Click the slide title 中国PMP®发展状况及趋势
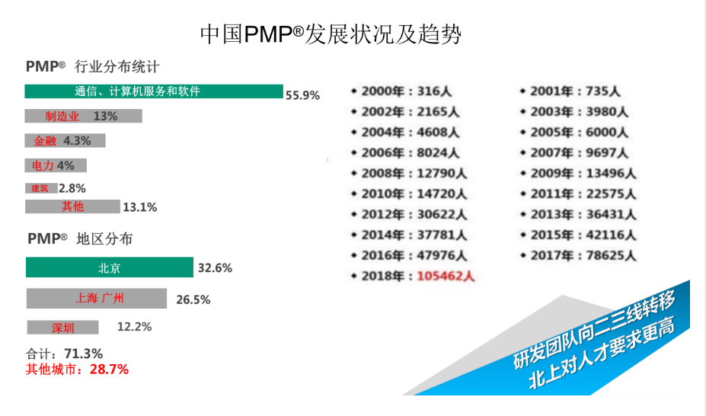click(x=331, y=34)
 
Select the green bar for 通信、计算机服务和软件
click(x=153, y=91)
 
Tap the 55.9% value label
click(x=302, y=95)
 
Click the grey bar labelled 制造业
click(x=83, y=116)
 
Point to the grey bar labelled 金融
click(x=65, y=140)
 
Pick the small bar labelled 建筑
click(x=41, y=187)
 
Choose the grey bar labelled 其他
click(x=72, y=206)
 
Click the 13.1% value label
click(x=139, y=206)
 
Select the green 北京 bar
click(x=109, y=267)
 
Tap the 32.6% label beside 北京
click(x=215, y=268)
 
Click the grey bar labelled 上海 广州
click(x=96, y=298)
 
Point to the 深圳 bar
click(x=62, y=328)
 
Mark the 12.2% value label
click(x=134, y=327)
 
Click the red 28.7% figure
click(x=110, y=370)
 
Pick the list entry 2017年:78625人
click(x=583, y=254)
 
